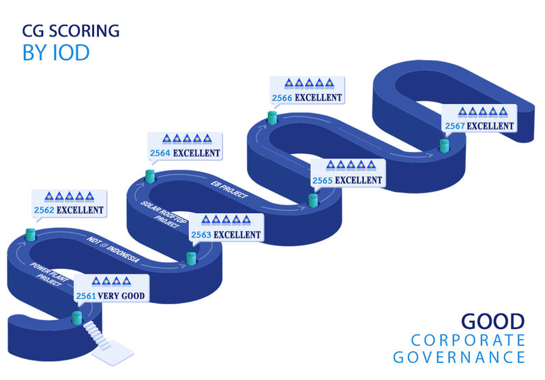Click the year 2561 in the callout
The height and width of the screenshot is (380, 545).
86,296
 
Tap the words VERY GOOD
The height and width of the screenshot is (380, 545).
121,296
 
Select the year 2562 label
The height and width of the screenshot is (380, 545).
44,210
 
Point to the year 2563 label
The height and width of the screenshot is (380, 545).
201,235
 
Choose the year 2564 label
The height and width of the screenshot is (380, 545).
160,153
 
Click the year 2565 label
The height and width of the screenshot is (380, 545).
323,180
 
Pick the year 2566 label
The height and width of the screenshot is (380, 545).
282,98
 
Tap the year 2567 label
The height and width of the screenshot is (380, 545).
455,126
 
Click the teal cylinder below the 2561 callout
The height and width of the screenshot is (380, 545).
77,317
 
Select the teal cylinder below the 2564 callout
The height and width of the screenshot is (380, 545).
150,176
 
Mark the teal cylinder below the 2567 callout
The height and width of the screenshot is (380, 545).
444,146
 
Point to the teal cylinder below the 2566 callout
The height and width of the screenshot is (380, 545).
272,118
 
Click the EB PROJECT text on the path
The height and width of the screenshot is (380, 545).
229,190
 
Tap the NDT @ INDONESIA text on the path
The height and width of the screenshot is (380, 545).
113,249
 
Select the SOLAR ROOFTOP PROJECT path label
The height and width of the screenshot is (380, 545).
162,215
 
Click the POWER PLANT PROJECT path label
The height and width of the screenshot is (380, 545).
48,274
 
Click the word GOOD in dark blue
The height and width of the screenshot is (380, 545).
493,321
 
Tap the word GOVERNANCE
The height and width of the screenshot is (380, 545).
459,358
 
